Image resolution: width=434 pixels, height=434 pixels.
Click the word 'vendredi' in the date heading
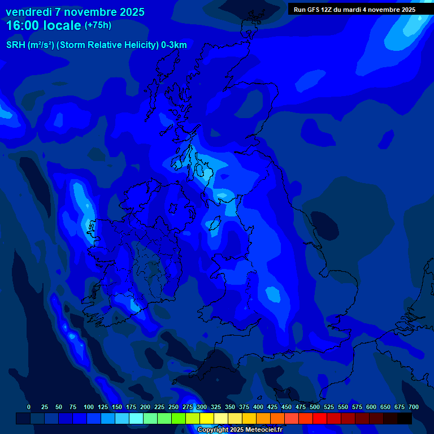[x=28, y=12]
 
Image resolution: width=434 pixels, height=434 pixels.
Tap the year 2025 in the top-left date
[x=131, y=12]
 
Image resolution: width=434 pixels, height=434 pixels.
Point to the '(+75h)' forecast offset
[x=98, y=25]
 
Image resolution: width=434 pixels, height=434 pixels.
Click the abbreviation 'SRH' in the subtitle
[x=16, y=45]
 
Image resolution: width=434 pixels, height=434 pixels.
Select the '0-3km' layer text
[x=173, y=45]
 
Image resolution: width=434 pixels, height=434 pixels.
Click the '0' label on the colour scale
[x=29, y=407]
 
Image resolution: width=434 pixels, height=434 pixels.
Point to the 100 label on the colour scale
[x=89, y=407]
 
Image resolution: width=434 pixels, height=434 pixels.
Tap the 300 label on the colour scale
[x=202, y=407]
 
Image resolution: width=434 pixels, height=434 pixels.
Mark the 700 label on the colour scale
[x=414, y=407]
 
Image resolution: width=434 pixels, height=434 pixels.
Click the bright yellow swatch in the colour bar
[x=207, y=418]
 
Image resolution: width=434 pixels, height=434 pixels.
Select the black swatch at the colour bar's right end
[x=405, y=418]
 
